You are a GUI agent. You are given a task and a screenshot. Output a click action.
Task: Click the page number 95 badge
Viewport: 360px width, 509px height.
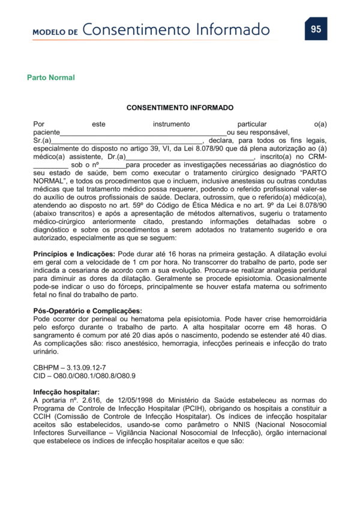click(316, 29)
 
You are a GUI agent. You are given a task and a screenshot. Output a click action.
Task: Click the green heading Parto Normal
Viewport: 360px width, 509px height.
click(51, 78)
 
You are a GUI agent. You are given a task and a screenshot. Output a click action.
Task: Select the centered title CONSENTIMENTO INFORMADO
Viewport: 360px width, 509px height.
click(180, 107)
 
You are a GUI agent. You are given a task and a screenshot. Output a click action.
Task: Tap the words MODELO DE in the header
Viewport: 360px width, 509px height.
click(56, 32)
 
